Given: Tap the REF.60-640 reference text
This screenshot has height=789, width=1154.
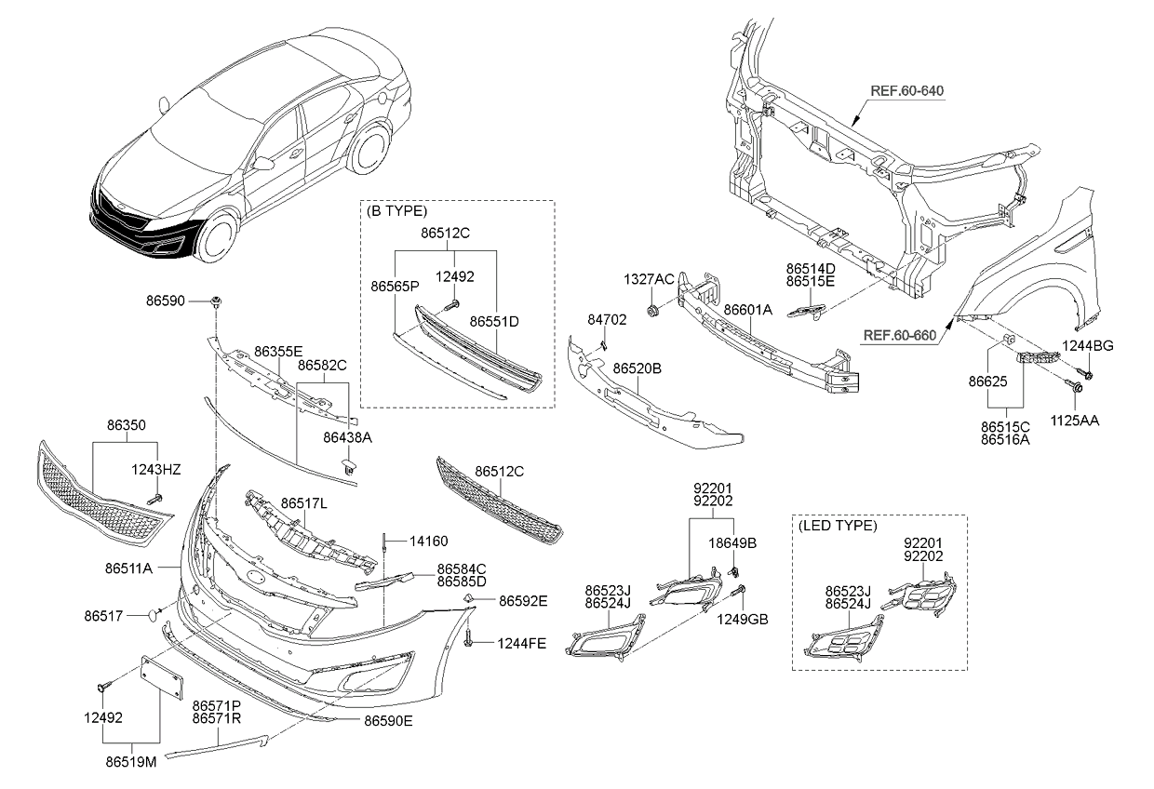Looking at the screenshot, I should click(x=906, y=91).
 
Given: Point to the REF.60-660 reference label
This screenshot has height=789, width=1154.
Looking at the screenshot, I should click(x=897, y=335).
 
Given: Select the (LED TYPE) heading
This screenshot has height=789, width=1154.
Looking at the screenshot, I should click(x=837, y=526).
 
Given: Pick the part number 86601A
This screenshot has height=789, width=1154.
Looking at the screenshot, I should click(x=747, y=308).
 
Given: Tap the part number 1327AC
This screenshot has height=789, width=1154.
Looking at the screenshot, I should click(x=650, y=280).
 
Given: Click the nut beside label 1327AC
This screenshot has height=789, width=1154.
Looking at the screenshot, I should click(x=653, y=308).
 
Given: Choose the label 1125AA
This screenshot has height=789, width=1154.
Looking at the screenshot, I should click(x=1076, y=421).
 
